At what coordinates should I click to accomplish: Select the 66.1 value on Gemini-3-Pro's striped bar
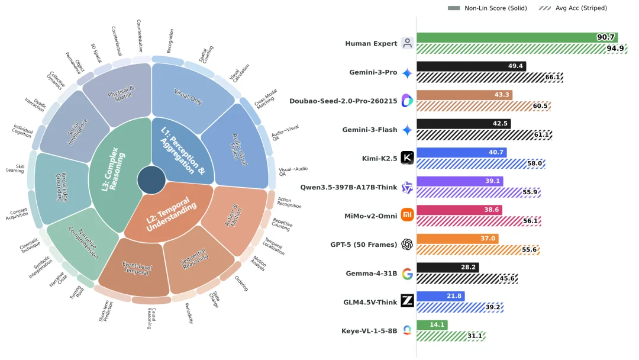pyautogui.click(x=553, y=78)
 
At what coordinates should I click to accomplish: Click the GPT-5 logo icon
pyautogui.click(x=407, y=244)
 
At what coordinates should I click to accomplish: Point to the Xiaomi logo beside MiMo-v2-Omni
pyautogui.click(x=407, y=215)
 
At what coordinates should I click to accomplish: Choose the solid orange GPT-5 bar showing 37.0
pyautogui.click(x=457, y=239)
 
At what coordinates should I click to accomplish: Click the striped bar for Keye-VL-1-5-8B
pyautogui.click(x=451, y=336)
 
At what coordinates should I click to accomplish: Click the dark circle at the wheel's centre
pyautogui.click(x=151, y=180)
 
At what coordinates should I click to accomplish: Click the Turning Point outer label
pyautogui.click(x=76, y=292)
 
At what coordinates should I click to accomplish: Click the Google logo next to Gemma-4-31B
pyautogui.click(x=407, y=273)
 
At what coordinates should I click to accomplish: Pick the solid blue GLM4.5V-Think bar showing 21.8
pyautogui.click(x=440, y=296)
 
